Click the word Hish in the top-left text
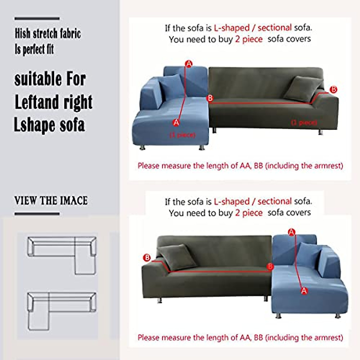[x=23, y=34]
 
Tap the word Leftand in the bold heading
[x=33, y=102]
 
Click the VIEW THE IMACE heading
[x=51, y=201]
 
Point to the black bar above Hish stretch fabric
[x=37, y=19]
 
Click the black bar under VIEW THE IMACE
[x=37, y=214]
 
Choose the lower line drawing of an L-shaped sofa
[x=62, y=310]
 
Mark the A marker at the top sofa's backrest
[x=189, y=64]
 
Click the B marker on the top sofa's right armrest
[x=333, y=89]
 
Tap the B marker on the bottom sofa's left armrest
[x=147, y=258]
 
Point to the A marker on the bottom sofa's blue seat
[x=304, y=290]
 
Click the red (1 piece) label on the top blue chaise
[x=183, y=135]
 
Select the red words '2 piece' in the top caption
[x=249, y=39]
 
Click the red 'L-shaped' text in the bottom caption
[x=232, y=202]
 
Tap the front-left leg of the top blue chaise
[x=142, y=148]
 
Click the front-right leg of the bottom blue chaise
[x=337, y=316]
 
